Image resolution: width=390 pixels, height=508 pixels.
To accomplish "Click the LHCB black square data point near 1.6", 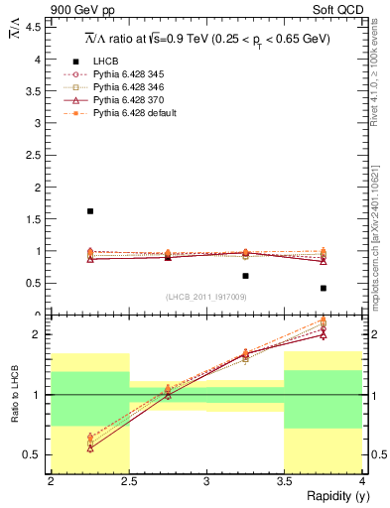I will tap(90, 211).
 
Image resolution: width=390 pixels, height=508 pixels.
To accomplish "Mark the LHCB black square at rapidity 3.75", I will tap(324, 288).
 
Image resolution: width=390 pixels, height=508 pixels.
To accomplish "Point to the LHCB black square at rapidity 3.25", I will tap(245, 276).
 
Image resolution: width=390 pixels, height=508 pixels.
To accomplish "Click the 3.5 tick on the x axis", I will tap(284, 481).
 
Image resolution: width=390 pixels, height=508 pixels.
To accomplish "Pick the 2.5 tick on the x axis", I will tap(129, 481).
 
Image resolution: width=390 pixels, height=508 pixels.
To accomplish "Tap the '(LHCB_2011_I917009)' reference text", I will tap(206, 296).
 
